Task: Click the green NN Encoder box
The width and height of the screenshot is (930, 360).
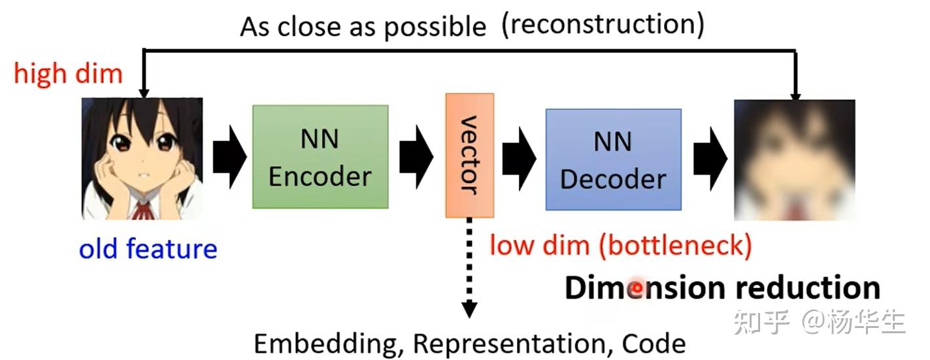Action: [320, 157]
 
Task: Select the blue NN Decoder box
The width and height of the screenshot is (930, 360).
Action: [613, 159]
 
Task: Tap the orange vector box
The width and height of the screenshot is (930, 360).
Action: [469, 155]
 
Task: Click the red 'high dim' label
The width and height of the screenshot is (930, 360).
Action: [68, 74]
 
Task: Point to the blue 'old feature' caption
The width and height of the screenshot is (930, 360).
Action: [148, 249]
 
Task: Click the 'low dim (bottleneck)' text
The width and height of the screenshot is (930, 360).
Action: [620, 246]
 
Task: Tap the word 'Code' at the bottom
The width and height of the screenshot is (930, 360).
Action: [654, 343]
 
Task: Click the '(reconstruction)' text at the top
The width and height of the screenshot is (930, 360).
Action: [603, 24]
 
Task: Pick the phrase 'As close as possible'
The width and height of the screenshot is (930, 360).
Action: [363, 27]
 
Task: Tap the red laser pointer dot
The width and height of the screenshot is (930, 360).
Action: [635, 288]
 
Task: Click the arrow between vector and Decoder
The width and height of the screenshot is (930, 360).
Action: [518, 157]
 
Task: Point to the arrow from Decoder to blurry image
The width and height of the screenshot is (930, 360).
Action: [709, 157]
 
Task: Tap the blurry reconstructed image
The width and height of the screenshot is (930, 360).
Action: [794, 159]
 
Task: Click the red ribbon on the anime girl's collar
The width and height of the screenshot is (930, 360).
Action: [141, 209]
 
